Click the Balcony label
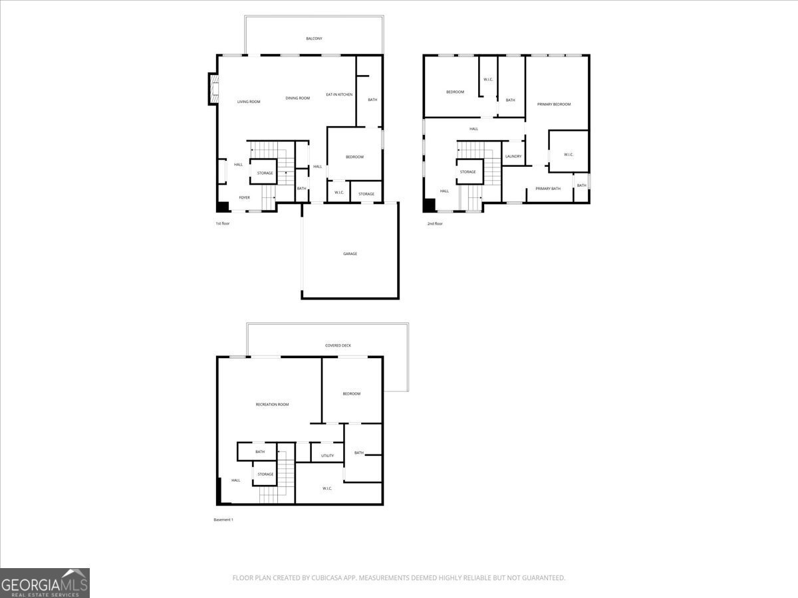coord(314,39)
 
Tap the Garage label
coord(350,254)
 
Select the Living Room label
coord(249,102)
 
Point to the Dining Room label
coord(298,98)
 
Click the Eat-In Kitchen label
coord(339,94)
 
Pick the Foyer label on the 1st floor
coord(244,197)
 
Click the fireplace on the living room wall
coord(213,89)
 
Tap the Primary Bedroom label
coord(554,104)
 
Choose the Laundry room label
coord(513,156)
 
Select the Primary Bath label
coord(548,189)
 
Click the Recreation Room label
coord(272,405)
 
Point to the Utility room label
coord(328,456)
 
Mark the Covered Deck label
coord(338,346)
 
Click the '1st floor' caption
coord(223,223)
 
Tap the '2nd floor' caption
coord(435,224)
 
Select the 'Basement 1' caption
coord(223,520)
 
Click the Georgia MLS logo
coord(45,583)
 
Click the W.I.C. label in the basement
coord(327,488)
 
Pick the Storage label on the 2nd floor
coord(468,171)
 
